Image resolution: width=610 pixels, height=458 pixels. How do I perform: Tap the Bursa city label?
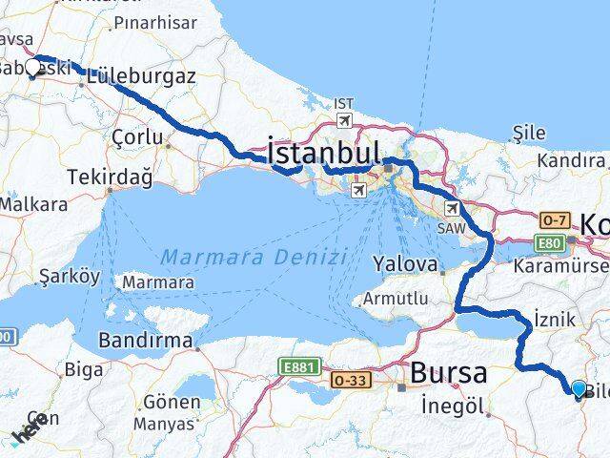coord(450,372)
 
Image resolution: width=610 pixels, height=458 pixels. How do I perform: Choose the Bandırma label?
coord(148,341)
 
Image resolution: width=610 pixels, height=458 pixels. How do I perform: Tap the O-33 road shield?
coord(348,381)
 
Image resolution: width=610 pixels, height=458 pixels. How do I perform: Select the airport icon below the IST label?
coord(342,121)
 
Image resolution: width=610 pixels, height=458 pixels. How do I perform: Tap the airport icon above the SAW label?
coord(449,208)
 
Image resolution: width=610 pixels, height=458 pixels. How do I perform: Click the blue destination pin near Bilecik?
coord(579,387)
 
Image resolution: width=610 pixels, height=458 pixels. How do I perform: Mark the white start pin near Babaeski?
coord(33,66)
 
